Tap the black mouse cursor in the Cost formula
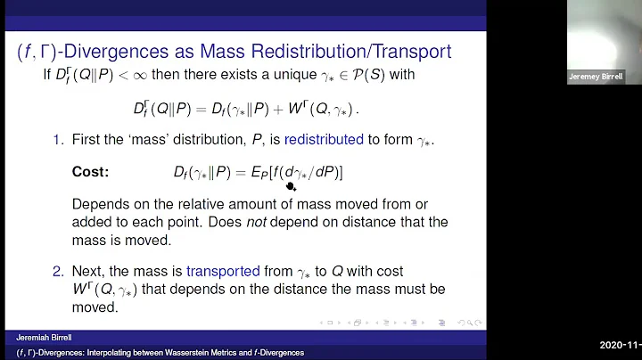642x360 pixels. [x=291, y=184]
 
